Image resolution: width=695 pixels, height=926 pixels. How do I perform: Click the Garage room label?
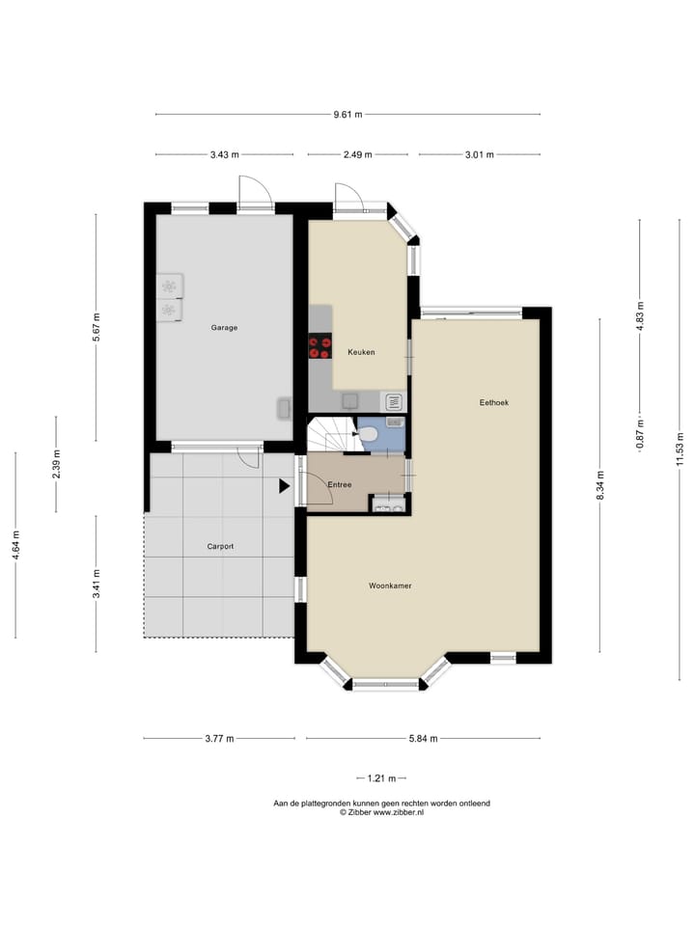tap(224, 328)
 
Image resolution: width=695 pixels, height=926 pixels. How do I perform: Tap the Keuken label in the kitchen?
tap(361, 353)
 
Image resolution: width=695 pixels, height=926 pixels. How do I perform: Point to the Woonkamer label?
tap(391, 586)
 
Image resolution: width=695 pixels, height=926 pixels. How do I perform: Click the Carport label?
tap(220, 546)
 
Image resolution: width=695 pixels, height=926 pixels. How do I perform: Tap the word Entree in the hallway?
tap(340, 485)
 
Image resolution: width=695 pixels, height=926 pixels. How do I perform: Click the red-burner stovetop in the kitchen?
tap(320, 346)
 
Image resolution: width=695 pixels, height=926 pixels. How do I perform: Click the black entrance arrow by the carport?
tap(284, 487)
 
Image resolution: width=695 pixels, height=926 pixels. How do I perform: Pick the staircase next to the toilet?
tap(331, 435)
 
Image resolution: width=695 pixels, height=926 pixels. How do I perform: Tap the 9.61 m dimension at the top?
tap(347, 115)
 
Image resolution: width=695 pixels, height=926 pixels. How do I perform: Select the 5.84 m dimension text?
tap(422, 739)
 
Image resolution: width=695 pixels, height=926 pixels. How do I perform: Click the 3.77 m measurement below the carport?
tap(219, 739)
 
